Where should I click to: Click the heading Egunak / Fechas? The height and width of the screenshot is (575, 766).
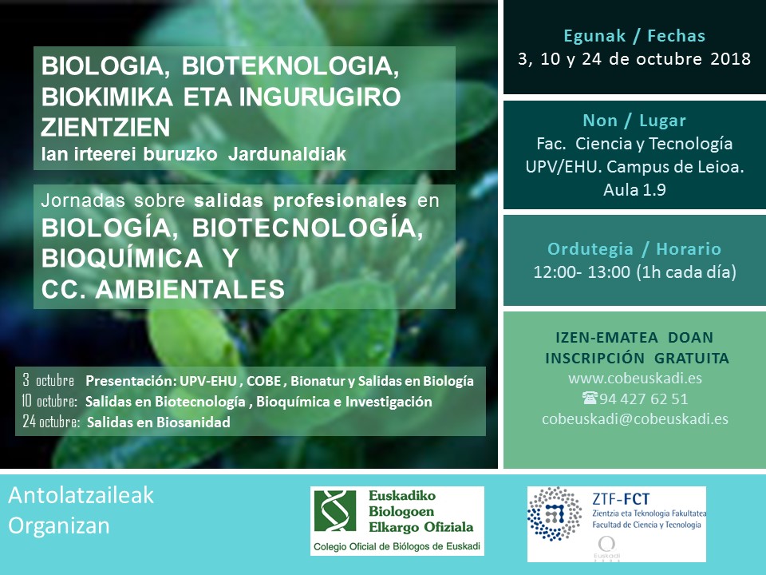pyautogui.click(x=634, y=36)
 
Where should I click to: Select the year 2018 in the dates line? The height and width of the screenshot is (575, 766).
pyautogui.click(x=731, y=58)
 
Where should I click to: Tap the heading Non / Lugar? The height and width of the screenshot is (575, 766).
pyautogui.click(x=634, y=121)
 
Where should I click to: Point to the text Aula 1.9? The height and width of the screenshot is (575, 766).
pyautogui.click(x=634, y=189)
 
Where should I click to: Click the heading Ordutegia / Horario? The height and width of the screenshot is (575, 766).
pyautogui.click(x=634, y=249)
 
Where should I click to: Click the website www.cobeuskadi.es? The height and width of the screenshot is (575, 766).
pyautogui.click(x=635, y=379)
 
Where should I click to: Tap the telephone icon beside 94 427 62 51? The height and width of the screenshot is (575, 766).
pyautogui.click(x=590, y=398)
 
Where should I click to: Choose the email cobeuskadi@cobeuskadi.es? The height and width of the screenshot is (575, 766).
pyautogui.click(x=635, y=419)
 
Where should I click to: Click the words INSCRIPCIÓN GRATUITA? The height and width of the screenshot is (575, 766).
pyautogui.click(x=637, y=358)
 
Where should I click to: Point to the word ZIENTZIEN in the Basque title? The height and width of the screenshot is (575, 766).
pyautogui.click(x=105, y=127)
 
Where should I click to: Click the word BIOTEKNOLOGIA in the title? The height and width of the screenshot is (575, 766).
pyautogui.click(x=290, y=66)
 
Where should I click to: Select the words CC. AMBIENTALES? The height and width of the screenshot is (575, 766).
pyautogui.click(x=163, y=288)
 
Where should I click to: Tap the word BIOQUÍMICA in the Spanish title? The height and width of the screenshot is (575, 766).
pyautogui.click(x=122, y=258)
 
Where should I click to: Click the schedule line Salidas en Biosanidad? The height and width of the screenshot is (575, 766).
pyautogui.click(x=158, y=422)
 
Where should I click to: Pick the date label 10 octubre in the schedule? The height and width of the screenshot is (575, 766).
pyautogui.click(x=49, y=402)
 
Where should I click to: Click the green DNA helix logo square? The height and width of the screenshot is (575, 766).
pyautogui.click(x=335, y=511)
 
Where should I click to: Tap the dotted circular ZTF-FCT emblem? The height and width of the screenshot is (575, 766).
pyautogui.click(x=555, y=514)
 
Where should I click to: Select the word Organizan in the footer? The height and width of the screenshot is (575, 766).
pyautogui.click(x=59, y=525)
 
